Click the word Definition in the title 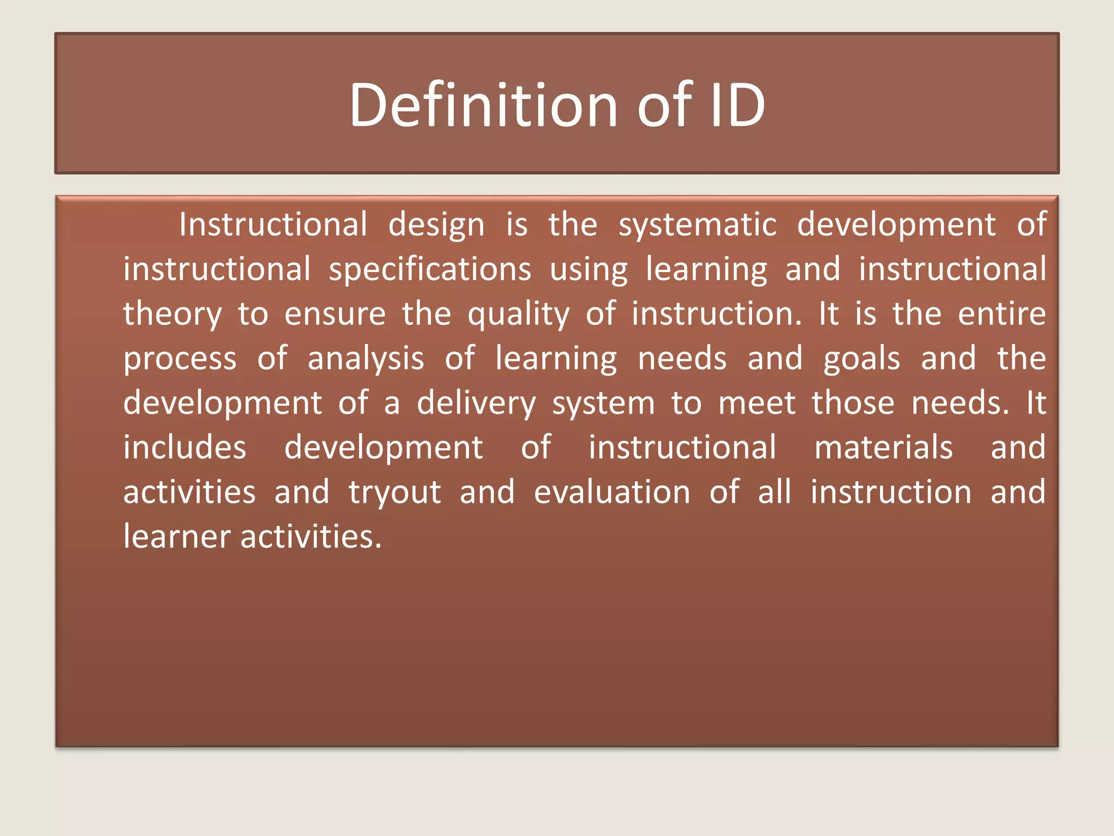(484, 104)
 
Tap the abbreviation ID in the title (738, 104)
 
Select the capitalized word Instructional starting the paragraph (273, 224)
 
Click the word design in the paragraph (436, 225)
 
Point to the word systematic (697, 225)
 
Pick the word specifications (430, 270)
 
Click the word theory (172, 315)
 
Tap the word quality (518, 315)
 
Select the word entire (1001, 313)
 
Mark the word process (180, 359)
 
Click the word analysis (366, 359)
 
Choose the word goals (862, 359)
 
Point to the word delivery (476, 404)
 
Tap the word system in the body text (603, 404)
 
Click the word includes (185, 447)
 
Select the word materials (883, 447)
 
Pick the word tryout (394, 493)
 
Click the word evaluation (612, 492)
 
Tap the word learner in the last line (177, 537)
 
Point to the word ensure (335, 315)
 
